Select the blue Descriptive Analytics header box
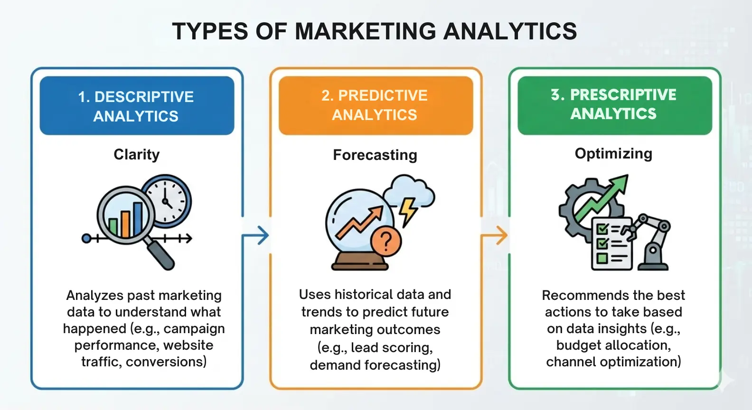[x=137, y=106]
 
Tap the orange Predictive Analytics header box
[x=376, y=105]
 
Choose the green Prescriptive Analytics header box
[x=614, y=104]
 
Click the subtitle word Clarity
[x=137, y=155]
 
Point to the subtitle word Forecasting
[x=375, y=155]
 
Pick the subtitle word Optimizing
[x=613, y=154]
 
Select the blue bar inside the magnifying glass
[x=138, y=219]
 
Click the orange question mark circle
[x=386, y=241]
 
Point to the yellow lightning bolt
[x=407, y=211]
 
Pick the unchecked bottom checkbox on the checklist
[x=602, y=259]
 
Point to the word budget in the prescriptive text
[x=577, y=345]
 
